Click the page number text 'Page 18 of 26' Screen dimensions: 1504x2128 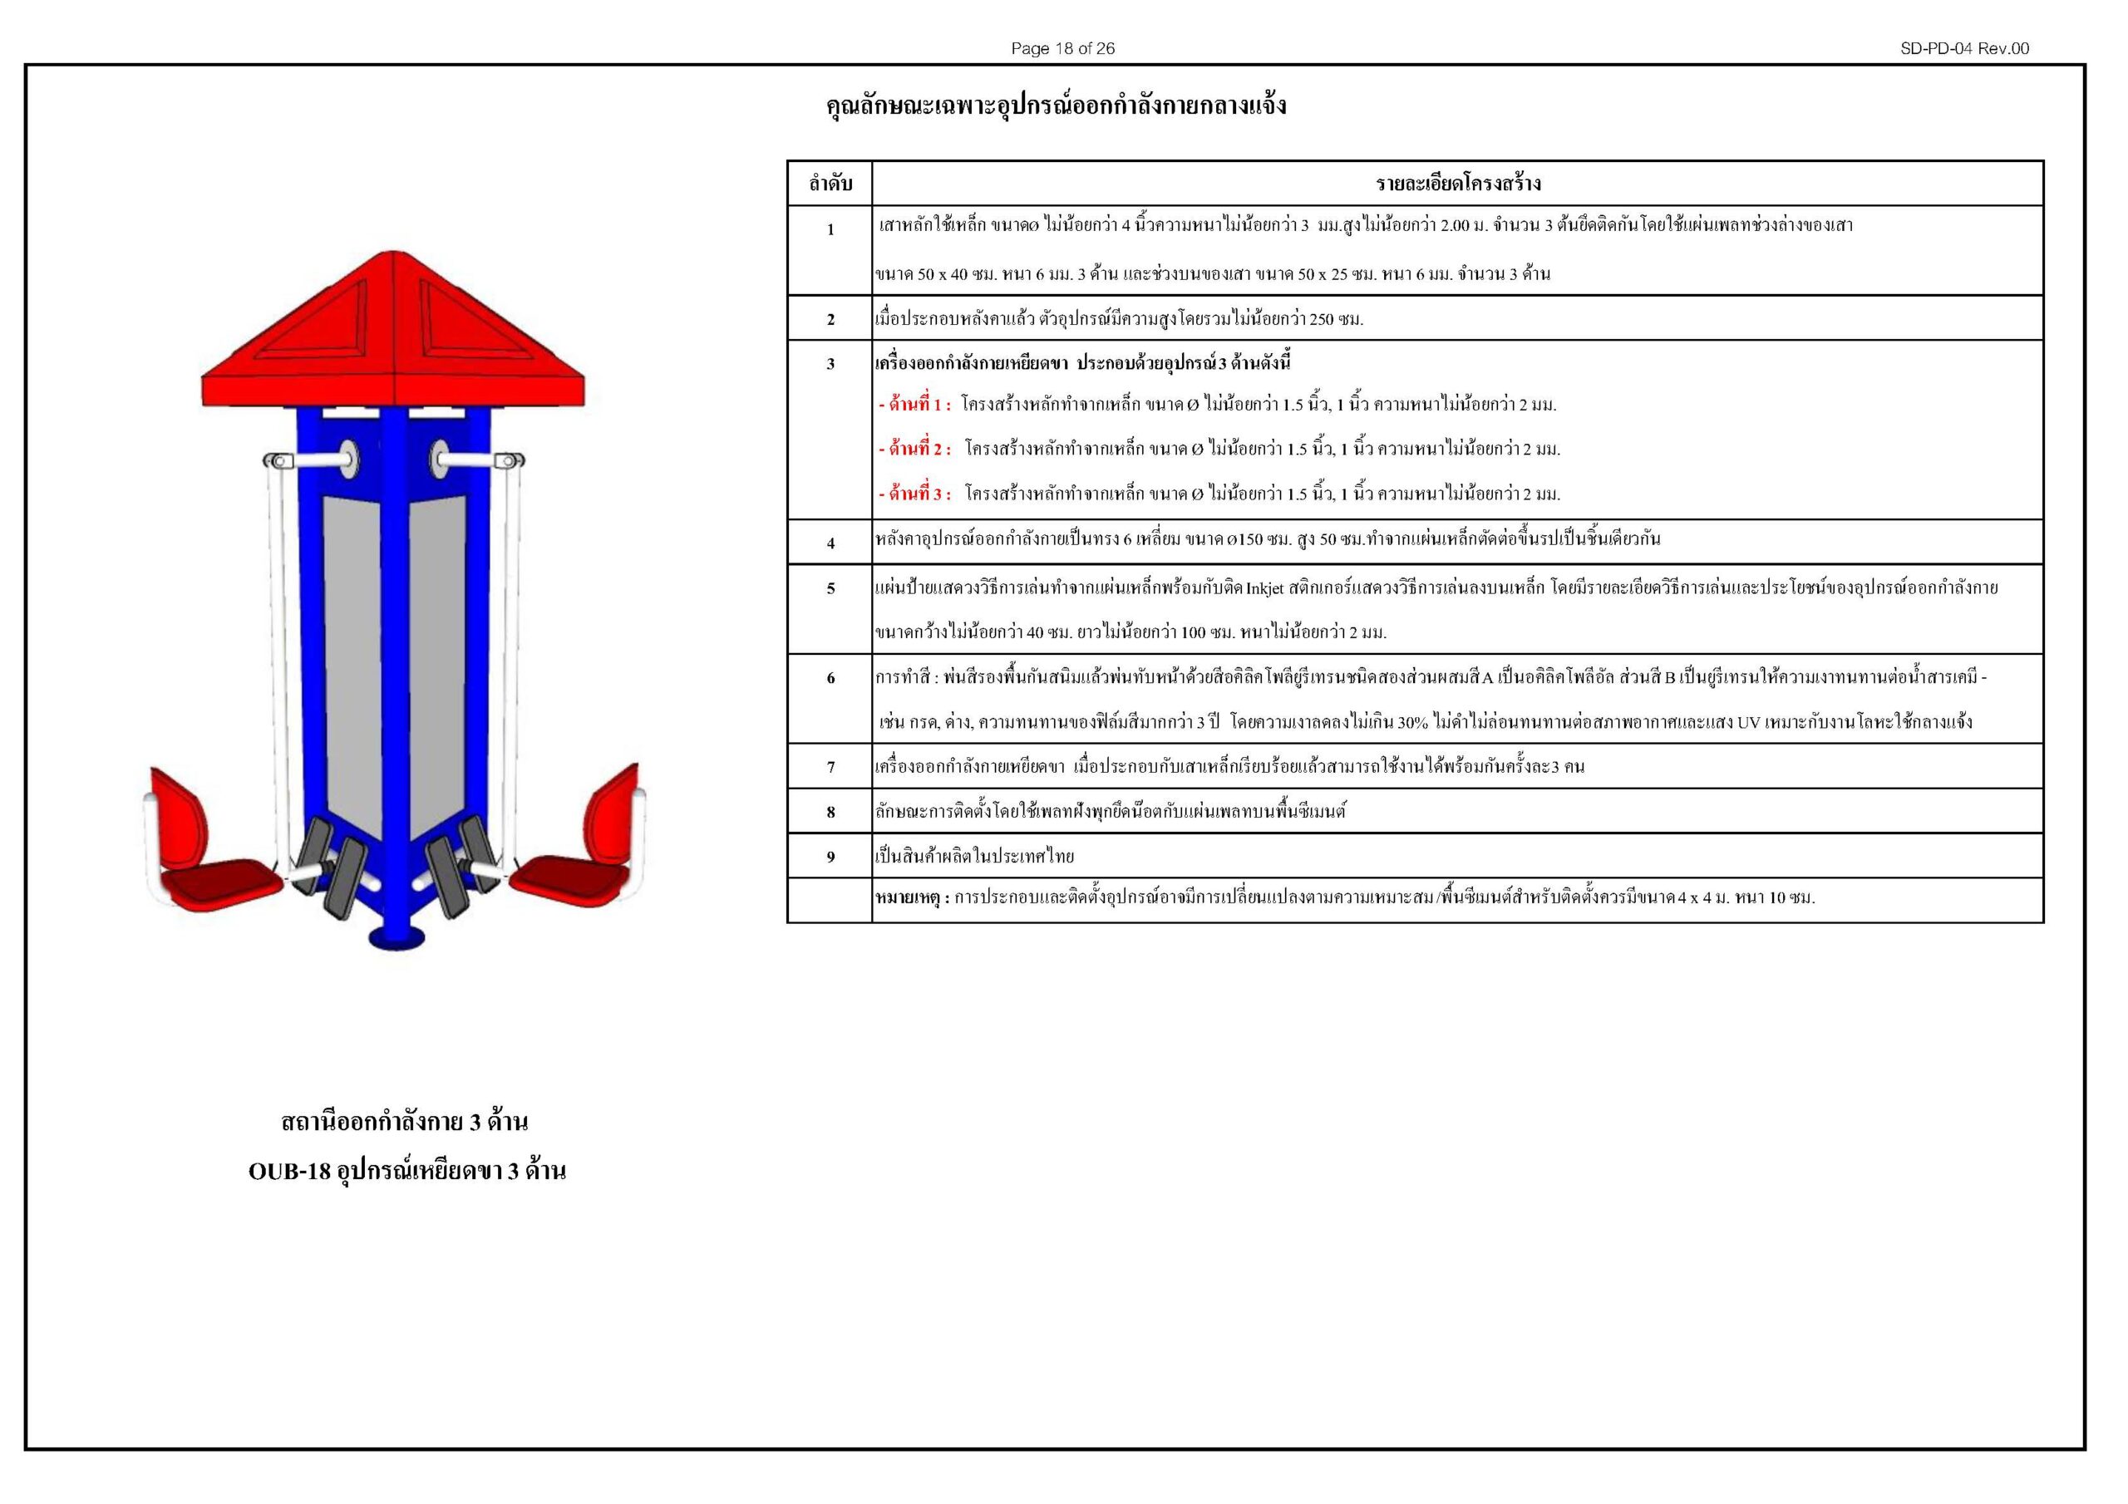[1062, 48]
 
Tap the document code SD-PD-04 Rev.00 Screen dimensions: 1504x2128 [1964, 48]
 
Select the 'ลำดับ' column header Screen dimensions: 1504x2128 [830, 184]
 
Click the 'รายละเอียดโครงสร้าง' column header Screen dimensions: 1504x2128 [1458, 184]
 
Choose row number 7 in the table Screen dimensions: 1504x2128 [830, 767]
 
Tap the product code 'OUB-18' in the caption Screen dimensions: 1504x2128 [289, 1172]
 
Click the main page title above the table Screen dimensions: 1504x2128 [1056, 106]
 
